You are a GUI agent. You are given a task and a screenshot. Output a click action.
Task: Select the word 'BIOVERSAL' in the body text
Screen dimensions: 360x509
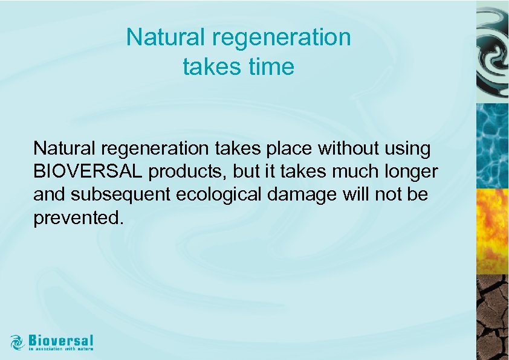(88, 172)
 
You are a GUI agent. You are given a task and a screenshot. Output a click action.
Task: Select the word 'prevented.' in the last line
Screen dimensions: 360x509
(79, 218)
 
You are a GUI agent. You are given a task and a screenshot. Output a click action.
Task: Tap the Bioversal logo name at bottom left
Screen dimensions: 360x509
(60, 339)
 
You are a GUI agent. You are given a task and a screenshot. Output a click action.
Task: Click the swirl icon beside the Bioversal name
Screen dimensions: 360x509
(18, 341)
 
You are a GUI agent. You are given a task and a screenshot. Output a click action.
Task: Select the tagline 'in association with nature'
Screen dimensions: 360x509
(60, 349)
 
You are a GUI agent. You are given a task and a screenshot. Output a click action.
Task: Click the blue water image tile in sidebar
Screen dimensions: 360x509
(493, 145)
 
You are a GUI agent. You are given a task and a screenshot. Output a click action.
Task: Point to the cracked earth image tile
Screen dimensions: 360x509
(493, 317)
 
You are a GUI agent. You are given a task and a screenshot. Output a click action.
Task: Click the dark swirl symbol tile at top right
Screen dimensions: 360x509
(493, 51)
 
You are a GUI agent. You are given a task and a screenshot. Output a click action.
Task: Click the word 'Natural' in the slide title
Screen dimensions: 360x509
(166, 38)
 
